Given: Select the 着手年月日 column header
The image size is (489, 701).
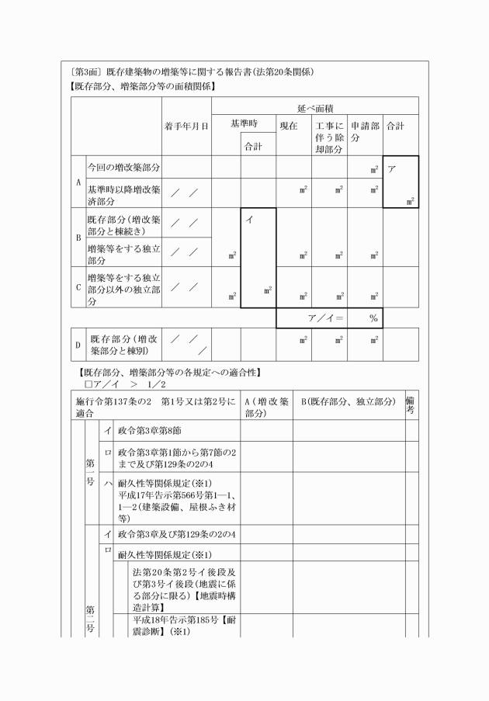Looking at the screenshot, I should coord(187,126).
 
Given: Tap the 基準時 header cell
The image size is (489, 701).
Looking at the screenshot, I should coord(244,124).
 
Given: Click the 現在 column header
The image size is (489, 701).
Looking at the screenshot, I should coord(289,125).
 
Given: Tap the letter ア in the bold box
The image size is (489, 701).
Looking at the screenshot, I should coord(393,167).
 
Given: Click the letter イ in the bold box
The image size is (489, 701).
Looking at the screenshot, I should coord(249,220).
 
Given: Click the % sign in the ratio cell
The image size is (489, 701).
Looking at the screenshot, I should coord(373,318).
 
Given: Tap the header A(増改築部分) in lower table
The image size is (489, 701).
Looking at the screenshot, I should coord(266,407).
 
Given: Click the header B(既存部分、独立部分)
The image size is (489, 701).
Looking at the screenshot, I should coord(348,401).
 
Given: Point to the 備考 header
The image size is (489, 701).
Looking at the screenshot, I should coord(410,406).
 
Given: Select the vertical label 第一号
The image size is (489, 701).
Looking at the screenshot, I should coord(89,472).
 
